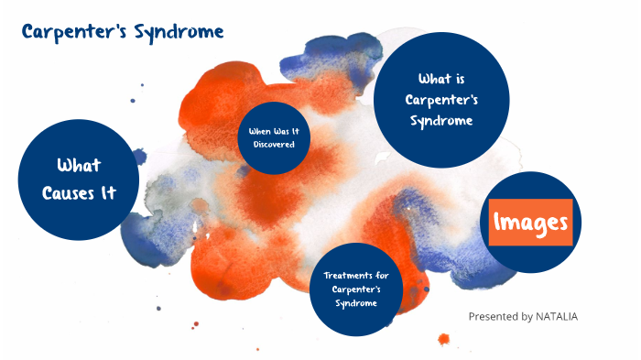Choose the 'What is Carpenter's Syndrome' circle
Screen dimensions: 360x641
tap(443, 99)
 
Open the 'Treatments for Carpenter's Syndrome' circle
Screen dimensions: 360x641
tap(355, 289)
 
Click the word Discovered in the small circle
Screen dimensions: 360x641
tap(274, 145)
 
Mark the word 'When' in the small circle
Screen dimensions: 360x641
tap(259, 131)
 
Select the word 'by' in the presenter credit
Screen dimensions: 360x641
tap(529, 316)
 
